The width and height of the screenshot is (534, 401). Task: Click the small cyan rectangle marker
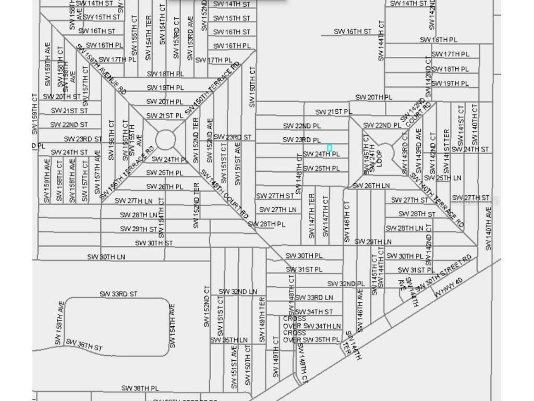pyautogui.click(x=330, y=148)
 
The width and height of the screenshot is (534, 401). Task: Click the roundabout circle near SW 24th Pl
pyautogui.click(x=166, y=139)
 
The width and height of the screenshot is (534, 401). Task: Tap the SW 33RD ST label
pyautogui.click(x=119, y=294)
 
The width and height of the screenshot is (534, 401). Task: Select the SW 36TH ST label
pyautogui.click(x=84, y=345)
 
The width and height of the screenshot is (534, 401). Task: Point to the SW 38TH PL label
pyautogui.click(x=140, y=388)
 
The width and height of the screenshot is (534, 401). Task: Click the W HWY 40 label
pyautogui.click(x=448, y=289)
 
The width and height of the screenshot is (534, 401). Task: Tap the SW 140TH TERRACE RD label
pyautogui.click(x=437, y=200)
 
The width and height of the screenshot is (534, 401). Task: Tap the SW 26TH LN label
pyautogui.click(x=371, y=185)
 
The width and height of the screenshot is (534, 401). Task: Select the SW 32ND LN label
pyautogui.click(x=238, y=291)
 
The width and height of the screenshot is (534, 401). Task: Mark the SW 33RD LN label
pyautogui.click(x=314, y=298)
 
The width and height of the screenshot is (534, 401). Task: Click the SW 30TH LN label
pyautogui.click(x=106, y=256)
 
